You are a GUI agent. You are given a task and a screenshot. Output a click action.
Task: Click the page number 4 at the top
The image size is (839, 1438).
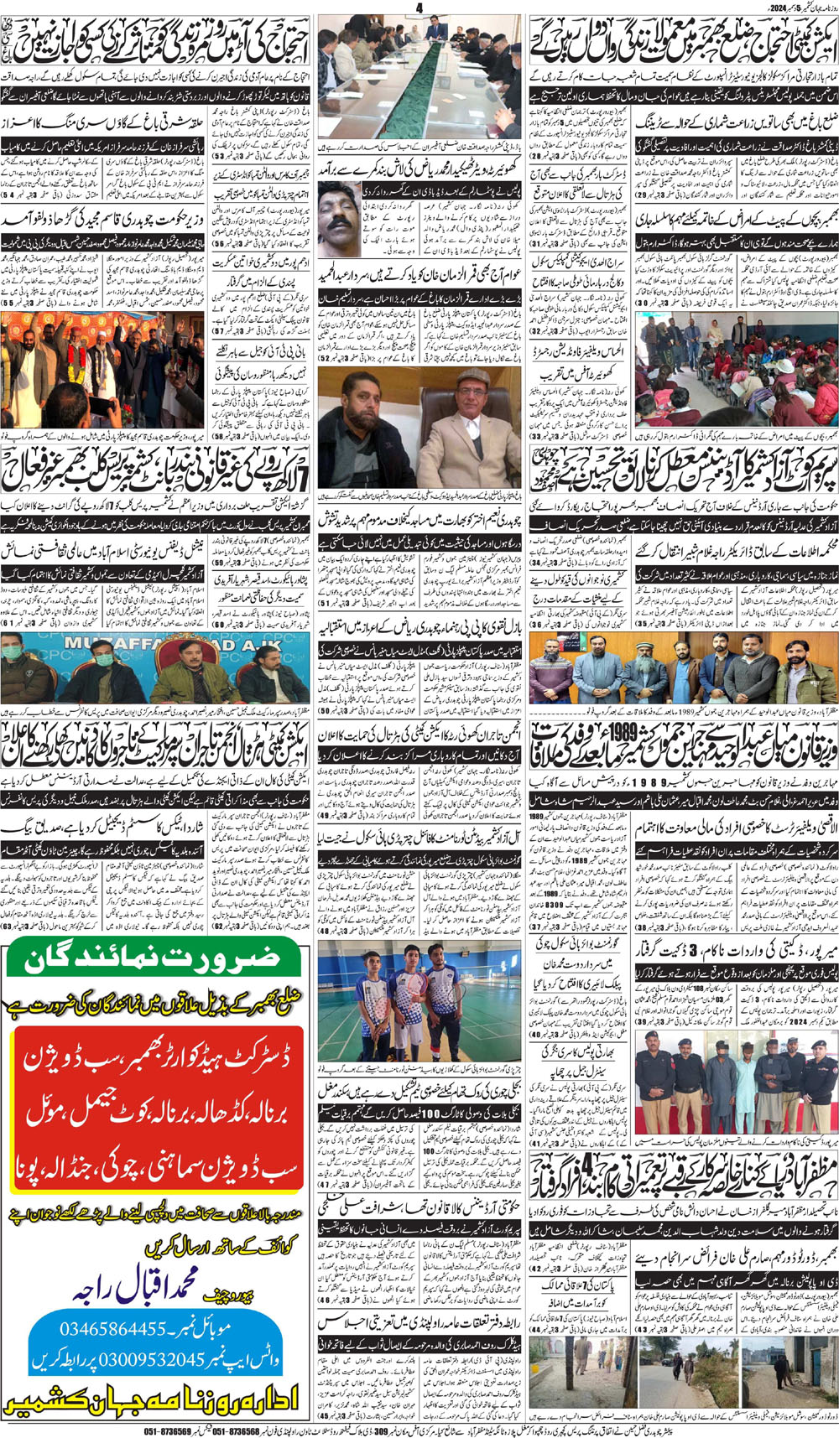(419, 8)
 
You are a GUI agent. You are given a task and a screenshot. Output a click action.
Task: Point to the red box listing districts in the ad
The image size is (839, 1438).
(158, 1107)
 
